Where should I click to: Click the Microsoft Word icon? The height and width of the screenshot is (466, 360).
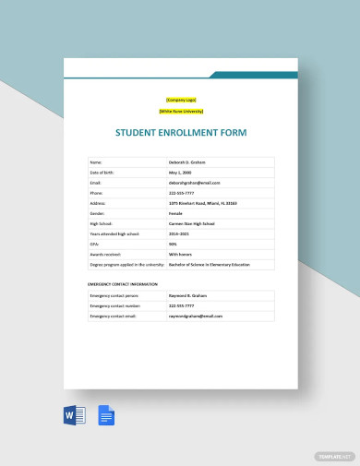coord(75,416)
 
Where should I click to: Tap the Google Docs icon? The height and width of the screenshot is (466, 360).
coord(106,416)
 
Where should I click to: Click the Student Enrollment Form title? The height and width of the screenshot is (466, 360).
coord(181,132)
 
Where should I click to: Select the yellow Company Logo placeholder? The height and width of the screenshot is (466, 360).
coord(181,100)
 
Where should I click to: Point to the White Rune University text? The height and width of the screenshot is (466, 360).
coord(181,111)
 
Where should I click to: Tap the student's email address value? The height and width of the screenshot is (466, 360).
coord(196,183)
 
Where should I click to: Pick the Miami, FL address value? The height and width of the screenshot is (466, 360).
coord(202,203)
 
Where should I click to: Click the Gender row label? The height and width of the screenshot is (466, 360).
coord(98,213)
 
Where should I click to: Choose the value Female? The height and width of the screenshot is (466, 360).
coord(178,213)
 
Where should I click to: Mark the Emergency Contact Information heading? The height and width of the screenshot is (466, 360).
coord(124,284)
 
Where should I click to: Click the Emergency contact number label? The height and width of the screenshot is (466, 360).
coord(115,305)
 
